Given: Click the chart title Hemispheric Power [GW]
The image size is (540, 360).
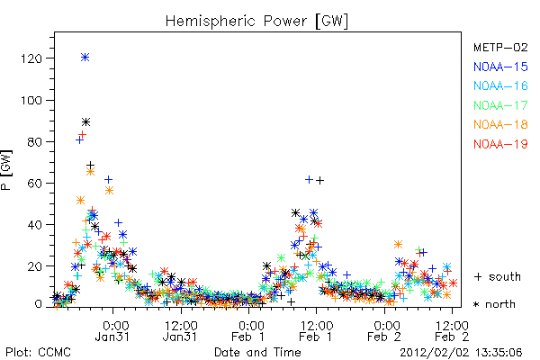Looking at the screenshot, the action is coord(256,22).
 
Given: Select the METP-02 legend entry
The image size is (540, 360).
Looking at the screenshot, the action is coord(500,47).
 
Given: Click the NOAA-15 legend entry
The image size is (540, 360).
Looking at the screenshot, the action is coord(500,67).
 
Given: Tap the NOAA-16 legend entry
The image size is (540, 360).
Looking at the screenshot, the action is coord(500,85).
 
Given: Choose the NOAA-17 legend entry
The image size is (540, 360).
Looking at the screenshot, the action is coord(500,105).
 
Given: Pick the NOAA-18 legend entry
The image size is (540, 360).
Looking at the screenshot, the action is coord(500,124).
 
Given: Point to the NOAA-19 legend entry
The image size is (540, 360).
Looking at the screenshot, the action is coord(500,144).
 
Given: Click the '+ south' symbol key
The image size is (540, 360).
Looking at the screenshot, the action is coord(498,276).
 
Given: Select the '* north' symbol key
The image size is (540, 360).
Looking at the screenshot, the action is coord(494,304).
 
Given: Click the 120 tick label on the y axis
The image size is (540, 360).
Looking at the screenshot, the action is coord(31,58).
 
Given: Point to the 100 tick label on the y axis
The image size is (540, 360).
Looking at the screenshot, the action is coord(31,100).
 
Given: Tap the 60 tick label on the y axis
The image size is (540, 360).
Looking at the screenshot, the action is coord(34,184).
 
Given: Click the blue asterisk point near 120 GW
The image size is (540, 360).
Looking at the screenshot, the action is coord(85,58).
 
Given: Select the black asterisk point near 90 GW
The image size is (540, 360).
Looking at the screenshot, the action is coord(85,122).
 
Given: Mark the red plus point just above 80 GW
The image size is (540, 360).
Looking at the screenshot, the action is coord(82,134).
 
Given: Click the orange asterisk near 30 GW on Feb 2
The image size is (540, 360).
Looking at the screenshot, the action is coord(398,245).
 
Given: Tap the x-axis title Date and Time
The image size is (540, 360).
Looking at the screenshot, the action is coord(257,352).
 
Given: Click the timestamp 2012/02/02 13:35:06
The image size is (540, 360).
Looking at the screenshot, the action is coord(461,353).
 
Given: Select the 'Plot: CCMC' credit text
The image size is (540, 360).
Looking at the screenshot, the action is coord(38,353).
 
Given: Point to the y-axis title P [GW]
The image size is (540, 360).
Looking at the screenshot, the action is coord(6,170).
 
